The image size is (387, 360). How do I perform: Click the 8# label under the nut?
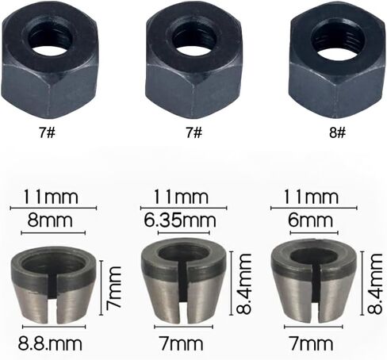(x=337, y=132)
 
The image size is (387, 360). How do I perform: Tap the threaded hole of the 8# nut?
(x=334, y=40)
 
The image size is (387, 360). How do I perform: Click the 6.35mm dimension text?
(x=180, y=220)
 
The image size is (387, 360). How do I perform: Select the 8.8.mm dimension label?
(x=50, y=343)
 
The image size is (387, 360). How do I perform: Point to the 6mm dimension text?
(x=310, y=220)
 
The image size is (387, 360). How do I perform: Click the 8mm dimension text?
(x=50, y=220)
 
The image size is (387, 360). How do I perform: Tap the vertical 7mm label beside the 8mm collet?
(x=114, y=288)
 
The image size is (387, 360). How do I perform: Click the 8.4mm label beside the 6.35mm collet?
(x=243, y=283)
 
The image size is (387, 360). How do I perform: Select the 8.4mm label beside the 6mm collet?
(x=375, y=283)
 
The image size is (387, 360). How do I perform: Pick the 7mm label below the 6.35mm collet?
(x=181, y=343)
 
